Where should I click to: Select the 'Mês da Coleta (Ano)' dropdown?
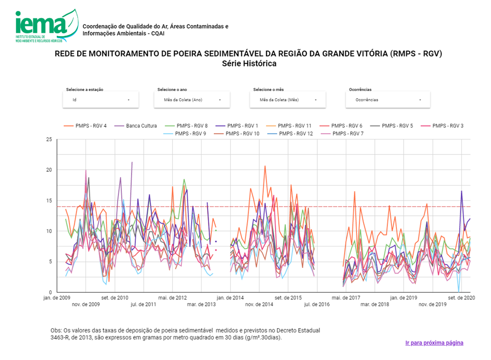click(192, 100)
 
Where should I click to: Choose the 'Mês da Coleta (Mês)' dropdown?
click(287, 100)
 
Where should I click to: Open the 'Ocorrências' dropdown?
click(388, 100)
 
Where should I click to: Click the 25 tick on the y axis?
click(49, 139)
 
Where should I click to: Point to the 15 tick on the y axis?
click(49, 200)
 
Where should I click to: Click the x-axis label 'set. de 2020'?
click(459, 297)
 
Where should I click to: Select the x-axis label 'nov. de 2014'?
click(259, 304)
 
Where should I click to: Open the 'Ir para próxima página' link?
click(434, 343)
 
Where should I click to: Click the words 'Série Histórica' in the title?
click(249, 64)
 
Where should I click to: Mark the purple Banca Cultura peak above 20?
click(132, 162)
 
